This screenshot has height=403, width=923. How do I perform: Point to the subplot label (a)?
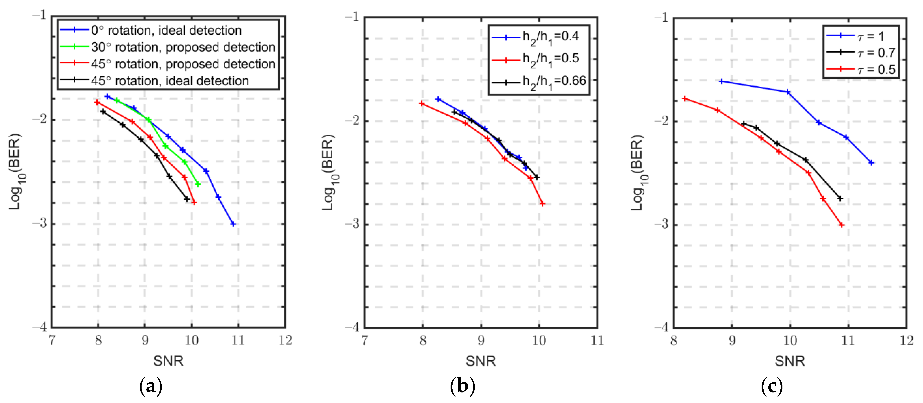pos(151,386)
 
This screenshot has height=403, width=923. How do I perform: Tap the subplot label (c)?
pos(771,386)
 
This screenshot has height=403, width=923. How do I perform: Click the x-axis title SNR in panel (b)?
pos(480,361)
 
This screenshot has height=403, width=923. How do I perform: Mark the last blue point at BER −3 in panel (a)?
pos(233,224)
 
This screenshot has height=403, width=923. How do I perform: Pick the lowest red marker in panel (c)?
pos(842,225)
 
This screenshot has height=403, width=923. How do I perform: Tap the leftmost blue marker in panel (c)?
pos(721,81)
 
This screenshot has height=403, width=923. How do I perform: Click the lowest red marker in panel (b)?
pos(542,204)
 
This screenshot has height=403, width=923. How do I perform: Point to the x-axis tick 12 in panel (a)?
pos(285,340)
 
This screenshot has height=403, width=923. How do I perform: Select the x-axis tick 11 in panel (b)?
pos(597,340)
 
